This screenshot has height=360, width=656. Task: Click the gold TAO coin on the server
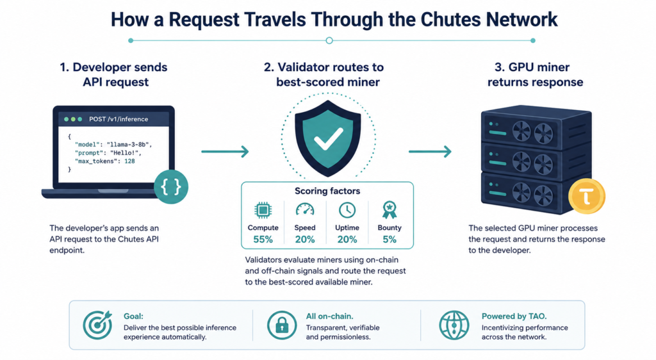587,196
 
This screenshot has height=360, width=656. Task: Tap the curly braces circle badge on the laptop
170,187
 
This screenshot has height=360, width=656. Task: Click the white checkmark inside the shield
329,138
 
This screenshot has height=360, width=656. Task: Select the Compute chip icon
263,210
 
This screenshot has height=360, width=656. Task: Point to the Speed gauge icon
304,209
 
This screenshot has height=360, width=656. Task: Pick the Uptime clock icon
347,210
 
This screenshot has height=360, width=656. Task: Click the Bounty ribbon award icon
389,210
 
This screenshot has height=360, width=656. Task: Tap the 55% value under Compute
263,240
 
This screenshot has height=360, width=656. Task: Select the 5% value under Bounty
389,240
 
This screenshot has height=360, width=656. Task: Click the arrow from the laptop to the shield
225,151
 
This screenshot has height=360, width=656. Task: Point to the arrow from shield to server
430,151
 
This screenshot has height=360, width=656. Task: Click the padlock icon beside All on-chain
282,325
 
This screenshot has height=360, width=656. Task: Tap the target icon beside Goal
97,325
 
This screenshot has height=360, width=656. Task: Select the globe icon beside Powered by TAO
454,325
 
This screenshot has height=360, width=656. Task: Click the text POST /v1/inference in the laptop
119,119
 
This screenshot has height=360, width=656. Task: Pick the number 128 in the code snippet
129,161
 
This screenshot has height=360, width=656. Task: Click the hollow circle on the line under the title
329,40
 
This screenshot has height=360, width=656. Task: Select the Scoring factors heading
327,191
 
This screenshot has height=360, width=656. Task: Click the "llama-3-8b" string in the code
128,145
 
